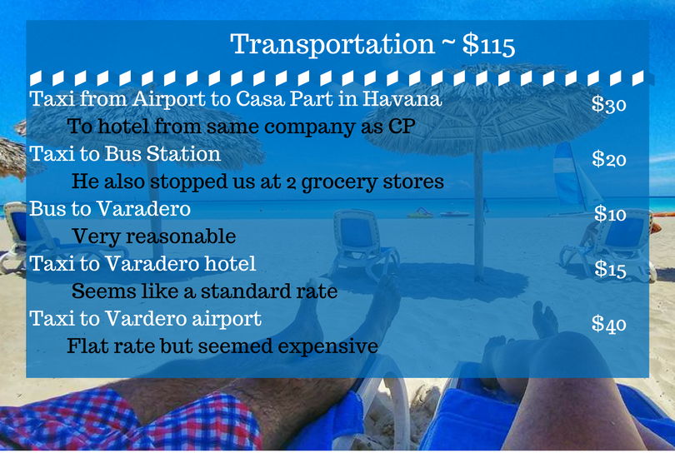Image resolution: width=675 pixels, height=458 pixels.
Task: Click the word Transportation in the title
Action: coord(332,45)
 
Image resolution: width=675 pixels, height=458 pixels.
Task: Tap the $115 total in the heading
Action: coord(488,44)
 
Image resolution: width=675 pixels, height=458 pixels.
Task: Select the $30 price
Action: coord(608,104)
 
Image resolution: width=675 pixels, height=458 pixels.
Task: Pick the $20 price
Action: coord(608,159)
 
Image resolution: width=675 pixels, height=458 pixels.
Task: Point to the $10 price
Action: coord(610,214)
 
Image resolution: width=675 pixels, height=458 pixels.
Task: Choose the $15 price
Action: coord(610,269)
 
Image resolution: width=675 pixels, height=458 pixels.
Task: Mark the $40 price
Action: coord(608,323)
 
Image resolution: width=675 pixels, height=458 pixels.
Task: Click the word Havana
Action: coord(402,98)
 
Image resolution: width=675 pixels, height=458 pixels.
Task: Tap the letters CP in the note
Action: coord(402,127)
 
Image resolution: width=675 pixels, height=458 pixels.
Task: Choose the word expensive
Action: coord(328,347)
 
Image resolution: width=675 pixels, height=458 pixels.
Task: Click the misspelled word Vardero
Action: coord(146,319)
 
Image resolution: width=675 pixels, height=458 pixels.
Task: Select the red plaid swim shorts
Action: coord(129,421)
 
